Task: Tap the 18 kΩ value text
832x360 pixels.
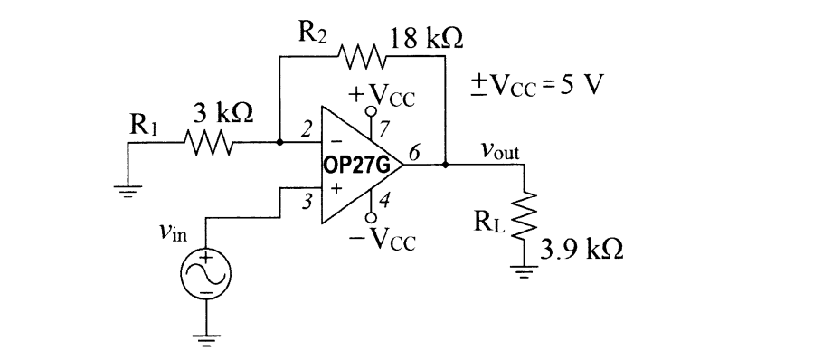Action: [427, 38]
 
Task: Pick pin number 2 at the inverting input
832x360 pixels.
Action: [307, 131]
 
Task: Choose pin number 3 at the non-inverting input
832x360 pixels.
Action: [307, 202]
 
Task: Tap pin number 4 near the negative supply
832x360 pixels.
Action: [383, 202]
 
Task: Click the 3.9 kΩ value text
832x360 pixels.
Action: [581, 250]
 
